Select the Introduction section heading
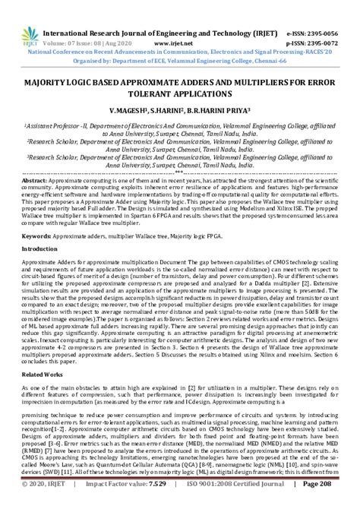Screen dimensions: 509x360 (x=39, y=249)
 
